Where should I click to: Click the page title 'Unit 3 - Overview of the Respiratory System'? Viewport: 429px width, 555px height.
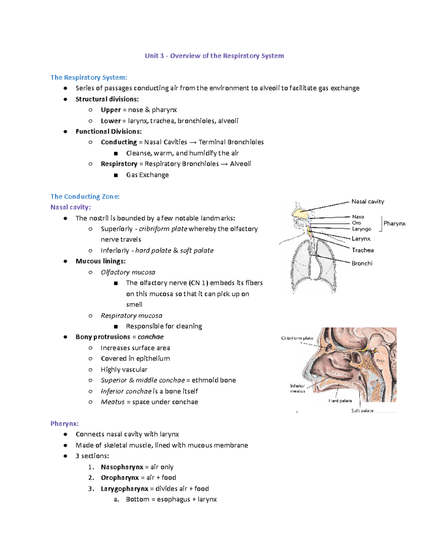pyautogui.click(x=214, y=56)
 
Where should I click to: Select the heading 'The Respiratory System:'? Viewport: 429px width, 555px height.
pyautogui.click(x=89, y=78)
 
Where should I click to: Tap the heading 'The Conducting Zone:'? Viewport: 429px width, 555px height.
pyautogui.click(x=85, y=197)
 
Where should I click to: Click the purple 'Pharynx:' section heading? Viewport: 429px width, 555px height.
pyautogui.click(x=64, y=423)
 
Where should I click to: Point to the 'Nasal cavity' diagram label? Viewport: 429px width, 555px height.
pyautogui.click(x=368, y=202)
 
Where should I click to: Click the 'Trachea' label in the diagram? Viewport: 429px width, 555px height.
pyautogui.click(x=363, y=250)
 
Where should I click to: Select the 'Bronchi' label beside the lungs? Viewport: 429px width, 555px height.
pyautogui.click(x=362, y=263)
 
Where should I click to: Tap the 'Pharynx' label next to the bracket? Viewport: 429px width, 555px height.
pyautogui.click(x=394, y=223)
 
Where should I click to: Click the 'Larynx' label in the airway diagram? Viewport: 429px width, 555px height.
pyautogui.click(x=361, y=239)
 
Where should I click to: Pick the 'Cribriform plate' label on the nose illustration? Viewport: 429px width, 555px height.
pyautogui.click(x=297, y=338)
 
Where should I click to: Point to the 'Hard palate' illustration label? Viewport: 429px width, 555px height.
pyautogui.click(x=340, y=401)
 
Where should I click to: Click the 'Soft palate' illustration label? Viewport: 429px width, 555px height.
pyautogui.click(x=362, y=411)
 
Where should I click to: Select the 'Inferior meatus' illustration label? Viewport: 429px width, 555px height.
pyautogui.click(x=297, y=388)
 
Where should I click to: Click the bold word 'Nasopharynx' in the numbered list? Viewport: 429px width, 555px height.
pyautogui.click(x=122, y=467)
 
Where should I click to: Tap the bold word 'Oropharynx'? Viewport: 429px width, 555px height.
pyautogui.click(x=120, y=478)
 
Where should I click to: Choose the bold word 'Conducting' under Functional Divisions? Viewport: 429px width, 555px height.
pyautogui.click(x=119, y=142)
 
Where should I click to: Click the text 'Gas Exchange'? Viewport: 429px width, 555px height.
pyautogui.click(x=147, y=175)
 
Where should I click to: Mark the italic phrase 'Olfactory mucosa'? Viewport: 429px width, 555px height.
pyautogui.click(x=128, y=272)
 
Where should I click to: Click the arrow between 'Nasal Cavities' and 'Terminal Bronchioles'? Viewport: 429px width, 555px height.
pyautogui.click(x=193, y=142)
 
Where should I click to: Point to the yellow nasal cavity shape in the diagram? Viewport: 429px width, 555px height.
pyautogui.click(x=300, y=213)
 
